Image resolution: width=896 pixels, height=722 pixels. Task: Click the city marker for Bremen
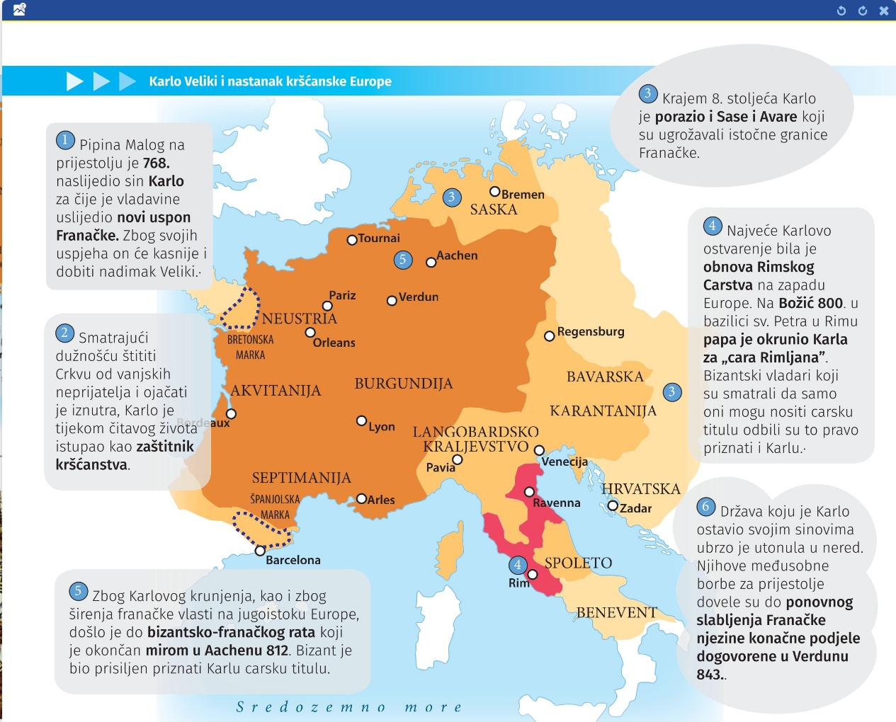coord(495,192)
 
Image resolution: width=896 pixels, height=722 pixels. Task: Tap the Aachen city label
coord(457,256)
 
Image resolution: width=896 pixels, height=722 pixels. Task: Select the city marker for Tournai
coord(351,240)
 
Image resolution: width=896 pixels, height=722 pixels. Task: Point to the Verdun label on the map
coord(419,297)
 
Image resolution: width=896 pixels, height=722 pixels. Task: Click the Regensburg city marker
coord(549,336)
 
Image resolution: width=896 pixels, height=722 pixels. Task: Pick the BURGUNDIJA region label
coord(403,384)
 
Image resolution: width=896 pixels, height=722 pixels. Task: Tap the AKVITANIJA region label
coord(276,391)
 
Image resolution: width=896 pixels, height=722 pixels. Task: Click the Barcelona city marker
coord(260,550)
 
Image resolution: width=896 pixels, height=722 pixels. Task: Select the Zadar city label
coord(635,508)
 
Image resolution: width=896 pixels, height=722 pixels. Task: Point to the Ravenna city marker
coord(529,492)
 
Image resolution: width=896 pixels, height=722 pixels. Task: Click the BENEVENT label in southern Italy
coord(617,613)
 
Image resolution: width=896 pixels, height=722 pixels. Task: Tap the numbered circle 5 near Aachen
coord(402,260)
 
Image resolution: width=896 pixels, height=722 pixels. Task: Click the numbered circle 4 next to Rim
coord(518,565)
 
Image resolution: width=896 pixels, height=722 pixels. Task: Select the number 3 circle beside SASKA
coord(452,197)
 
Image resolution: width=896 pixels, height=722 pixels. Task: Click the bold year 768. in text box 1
coord(156,164)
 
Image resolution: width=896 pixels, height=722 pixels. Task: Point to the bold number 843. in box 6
coord(710,675)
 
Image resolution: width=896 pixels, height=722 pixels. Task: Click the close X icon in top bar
coord(883,11)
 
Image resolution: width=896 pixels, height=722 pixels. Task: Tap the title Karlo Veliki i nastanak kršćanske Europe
coord(270,81)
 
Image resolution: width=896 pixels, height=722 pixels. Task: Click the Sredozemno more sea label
coord(349,707)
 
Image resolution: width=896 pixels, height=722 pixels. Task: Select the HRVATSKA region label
coord(640,489)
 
